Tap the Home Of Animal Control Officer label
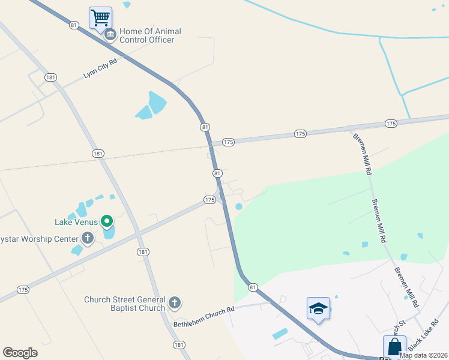150,35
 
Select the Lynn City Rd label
100,68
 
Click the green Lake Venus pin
107,222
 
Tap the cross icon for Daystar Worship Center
88,238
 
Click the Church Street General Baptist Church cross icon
175,302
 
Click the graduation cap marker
318,308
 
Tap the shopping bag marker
394,346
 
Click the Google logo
20,353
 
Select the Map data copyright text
423,355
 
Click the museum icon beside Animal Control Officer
110,35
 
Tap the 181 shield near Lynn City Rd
50,77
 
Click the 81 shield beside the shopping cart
74,25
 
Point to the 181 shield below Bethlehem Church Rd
179,344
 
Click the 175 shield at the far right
391,124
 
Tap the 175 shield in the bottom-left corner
23,290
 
